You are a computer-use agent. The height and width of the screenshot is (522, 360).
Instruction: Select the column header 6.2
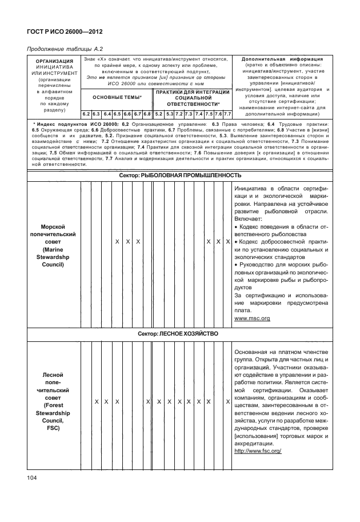(86, 114)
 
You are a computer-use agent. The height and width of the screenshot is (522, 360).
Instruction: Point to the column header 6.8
(147, 114)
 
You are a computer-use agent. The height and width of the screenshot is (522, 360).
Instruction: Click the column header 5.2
(158, 114)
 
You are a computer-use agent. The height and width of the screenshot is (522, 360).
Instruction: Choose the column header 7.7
(227, 114)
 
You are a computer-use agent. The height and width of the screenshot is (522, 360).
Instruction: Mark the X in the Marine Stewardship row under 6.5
(117, 242)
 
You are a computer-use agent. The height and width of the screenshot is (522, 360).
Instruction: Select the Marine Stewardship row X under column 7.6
(218, 242)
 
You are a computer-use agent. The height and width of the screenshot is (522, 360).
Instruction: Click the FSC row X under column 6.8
(147, 402)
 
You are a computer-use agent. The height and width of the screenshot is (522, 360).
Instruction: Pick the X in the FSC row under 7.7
(227, 402)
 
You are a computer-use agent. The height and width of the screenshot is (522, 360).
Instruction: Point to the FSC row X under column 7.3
(189, 402)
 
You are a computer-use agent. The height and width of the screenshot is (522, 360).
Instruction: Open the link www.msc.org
(252, 318)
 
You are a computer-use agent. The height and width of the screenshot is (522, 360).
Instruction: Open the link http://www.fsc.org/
(258, 451)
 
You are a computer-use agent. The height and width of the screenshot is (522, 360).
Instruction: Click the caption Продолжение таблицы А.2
(62, 49)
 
